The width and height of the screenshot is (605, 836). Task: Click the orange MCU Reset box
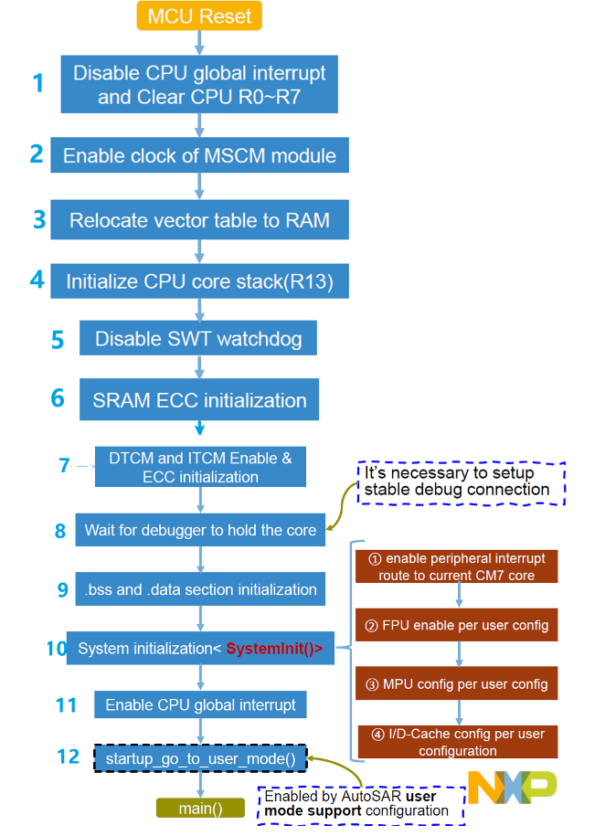[x=199, y=15]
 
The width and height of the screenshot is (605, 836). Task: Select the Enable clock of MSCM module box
[x=199, y=156]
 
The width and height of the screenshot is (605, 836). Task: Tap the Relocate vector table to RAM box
[x=199, y=220]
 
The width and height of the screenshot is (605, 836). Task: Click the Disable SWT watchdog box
[x=198, y=340]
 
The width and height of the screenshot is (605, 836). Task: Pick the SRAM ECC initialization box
[x=199, y=400]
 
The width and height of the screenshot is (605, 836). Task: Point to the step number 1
[x=37, y=84]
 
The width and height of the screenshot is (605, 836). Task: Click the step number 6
[x=58, y=398]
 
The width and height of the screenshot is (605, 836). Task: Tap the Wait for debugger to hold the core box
[x=200, y=530]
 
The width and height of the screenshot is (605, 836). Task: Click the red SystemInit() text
[x=274, y=649]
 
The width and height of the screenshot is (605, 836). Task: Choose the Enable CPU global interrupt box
[x=200, y=705]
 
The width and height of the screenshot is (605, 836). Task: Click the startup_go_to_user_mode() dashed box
[x=200, y=758]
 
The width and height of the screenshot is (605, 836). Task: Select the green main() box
[x=200, y=808]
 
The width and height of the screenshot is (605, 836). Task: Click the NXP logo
[x=512, y=788]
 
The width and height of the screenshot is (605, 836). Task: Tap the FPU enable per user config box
[x=458, y=626]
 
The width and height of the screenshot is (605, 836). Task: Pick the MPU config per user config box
[x=458, y=684]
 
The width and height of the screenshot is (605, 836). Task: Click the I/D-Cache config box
[x=458, y=742]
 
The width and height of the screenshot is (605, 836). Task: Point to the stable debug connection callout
[x=461, y=481]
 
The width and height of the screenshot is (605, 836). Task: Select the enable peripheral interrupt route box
[x=458, y=566]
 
